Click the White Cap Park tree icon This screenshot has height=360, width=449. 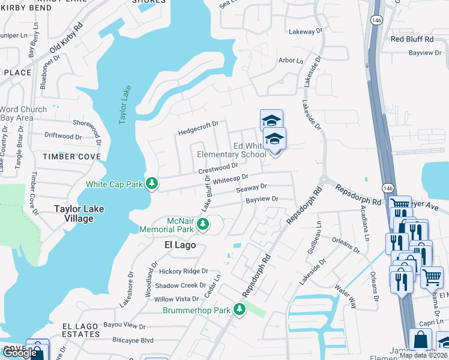click(152, 183)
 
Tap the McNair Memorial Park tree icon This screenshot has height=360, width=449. click(203, 224)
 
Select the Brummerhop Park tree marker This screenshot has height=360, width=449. click(240, 309)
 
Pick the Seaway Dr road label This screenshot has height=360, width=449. click(251, 188)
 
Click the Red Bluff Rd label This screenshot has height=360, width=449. click(411, 39)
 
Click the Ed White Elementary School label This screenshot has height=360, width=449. click(232, 150)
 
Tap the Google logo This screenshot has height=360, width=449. click(20, 353)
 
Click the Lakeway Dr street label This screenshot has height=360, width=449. click(306, 31)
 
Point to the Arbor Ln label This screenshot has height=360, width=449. click(291, 61)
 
